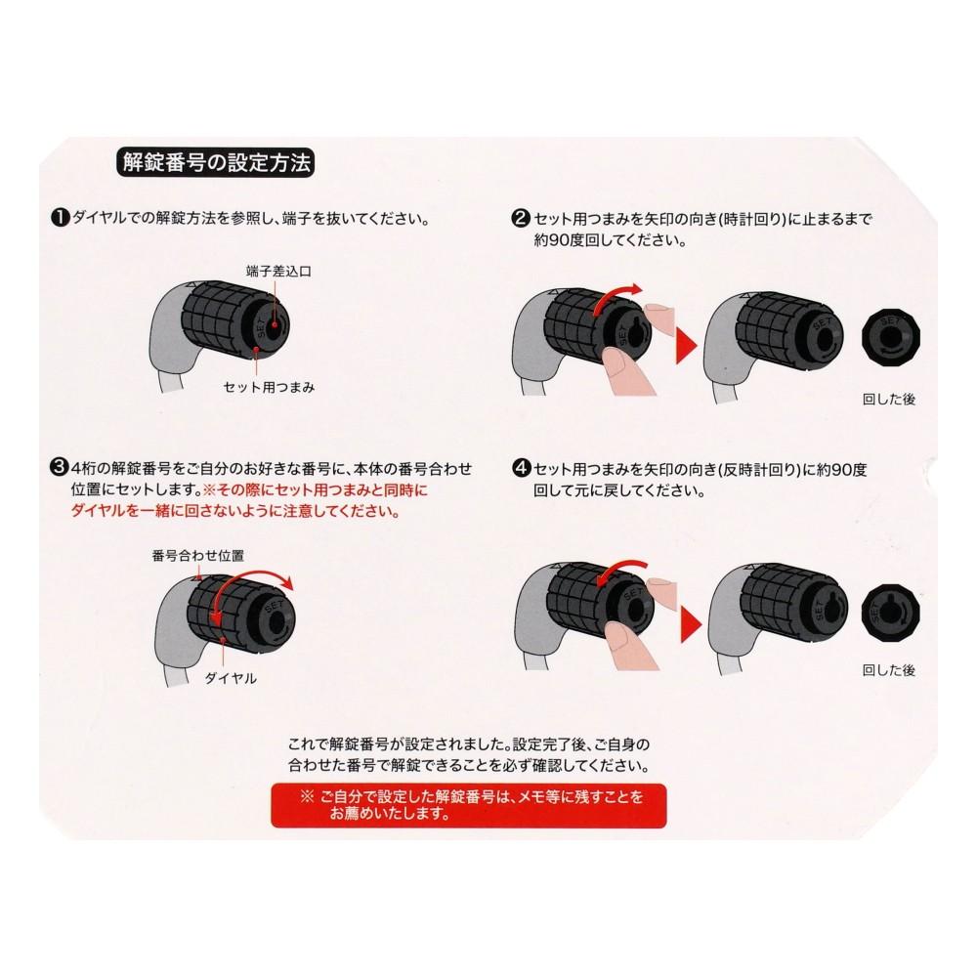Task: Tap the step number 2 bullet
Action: tap(522, 219)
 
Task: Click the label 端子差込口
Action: tap(278, 268)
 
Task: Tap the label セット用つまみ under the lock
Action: tap(268, 387)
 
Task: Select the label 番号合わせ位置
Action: tap(197, 555)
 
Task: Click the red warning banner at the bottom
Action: tap(468, 805)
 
